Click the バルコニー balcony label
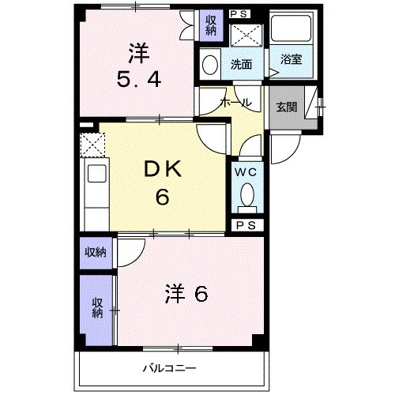click(168, 367)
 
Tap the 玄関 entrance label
click(287, 107)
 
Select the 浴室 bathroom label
click(290, 60)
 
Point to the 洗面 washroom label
click(241, 64)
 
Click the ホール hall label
click(235, 103)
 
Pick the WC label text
click(244, 171)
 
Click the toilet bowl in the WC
click(245, 194)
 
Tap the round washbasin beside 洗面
click(209, 64)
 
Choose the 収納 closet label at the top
click(211, 24)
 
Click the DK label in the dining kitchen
click(163, 169)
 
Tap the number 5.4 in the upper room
click(138, 80)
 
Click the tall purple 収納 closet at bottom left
click(96, 308)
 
